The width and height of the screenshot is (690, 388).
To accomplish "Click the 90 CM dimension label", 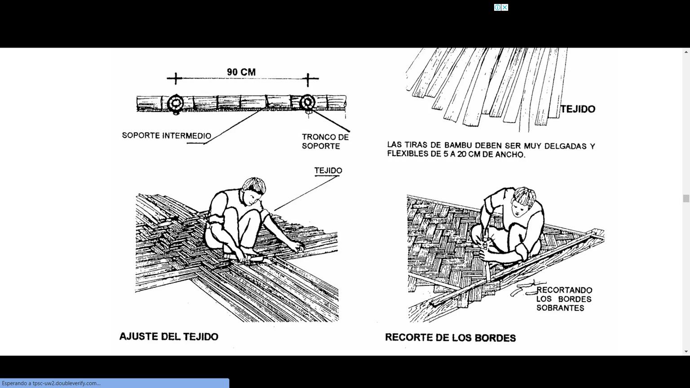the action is [x=241, y=72].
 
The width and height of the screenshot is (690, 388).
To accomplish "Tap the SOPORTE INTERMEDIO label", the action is [x=167, y=136].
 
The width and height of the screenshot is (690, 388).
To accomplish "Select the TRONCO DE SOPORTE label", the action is [x=325, y=141].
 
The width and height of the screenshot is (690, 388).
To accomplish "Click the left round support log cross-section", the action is [x=176, y=103].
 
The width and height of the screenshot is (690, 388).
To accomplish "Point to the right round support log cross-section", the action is [x=307, y=102].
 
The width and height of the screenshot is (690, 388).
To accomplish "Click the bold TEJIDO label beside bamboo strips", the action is [x=578, y=109].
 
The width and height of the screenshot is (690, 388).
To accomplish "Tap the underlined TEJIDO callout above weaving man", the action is [x=328, y=171].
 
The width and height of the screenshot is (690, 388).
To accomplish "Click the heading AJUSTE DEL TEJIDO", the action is [x=169, y=336].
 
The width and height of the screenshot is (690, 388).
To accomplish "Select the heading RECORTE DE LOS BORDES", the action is [x=451, y=338].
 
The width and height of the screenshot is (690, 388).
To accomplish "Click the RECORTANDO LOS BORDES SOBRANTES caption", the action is [x=564, y=299].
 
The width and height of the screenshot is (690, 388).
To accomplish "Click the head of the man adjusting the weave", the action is [x=253, y=190].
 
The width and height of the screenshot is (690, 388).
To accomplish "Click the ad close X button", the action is [x=505, y=7].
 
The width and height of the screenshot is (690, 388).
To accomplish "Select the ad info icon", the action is [x=497, y=7].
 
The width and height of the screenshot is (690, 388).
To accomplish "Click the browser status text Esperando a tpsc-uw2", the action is [x=51, y=384].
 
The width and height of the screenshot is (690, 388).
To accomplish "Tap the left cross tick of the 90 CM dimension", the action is [x=176, y=79].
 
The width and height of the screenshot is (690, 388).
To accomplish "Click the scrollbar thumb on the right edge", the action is [x=686, y=198].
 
